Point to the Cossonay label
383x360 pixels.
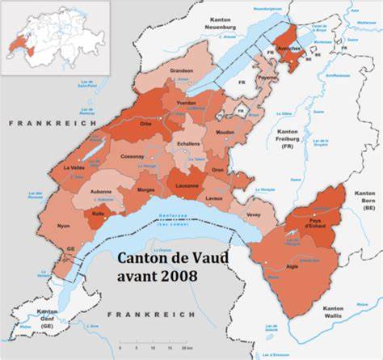(x=133, y=156)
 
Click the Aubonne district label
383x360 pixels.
(x=102, y=192)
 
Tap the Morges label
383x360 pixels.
(x=146, y=189)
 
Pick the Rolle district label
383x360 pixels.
(x=100, y=214)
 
